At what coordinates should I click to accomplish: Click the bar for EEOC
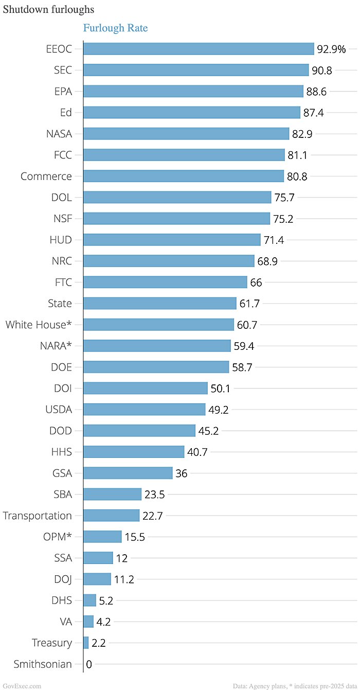[x=199, y=49]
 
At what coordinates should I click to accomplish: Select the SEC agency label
[x=63, y=70]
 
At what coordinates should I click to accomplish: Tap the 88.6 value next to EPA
[x=316, y=92]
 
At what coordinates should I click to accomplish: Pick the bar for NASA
[x=186, y=134]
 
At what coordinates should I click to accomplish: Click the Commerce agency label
[x=46, y=176]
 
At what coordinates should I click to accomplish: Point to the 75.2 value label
[x=283, y=219]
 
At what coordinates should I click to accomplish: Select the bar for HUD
[x=172, y=240]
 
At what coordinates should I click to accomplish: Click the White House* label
[x=39, y=325]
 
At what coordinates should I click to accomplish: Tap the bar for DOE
[x=156, y=367]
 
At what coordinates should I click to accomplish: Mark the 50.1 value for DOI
[x=221, y=388]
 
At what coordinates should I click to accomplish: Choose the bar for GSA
[x=128, y=473]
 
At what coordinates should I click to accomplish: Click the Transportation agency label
[x=38, y=516]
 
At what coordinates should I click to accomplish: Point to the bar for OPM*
[x=102, y=537]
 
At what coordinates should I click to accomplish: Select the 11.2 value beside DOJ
[x=124, y=579]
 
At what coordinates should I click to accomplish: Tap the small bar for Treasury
[x=86, y=643]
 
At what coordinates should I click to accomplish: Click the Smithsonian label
[x=43, y=664]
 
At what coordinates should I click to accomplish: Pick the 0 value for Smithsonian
[x=89, y=664]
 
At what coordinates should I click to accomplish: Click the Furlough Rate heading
[x=115, y=28]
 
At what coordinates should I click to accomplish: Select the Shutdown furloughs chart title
[x=48, y=10]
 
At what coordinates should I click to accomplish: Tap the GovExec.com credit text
[x=21, y=686]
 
